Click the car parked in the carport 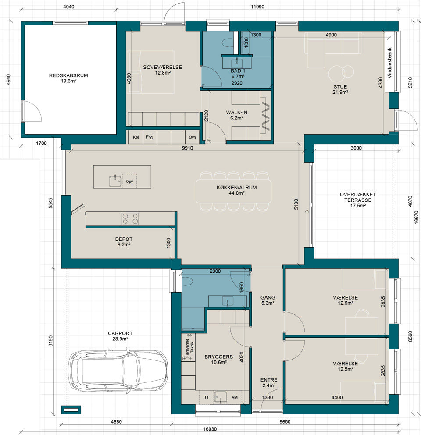click(118, 371)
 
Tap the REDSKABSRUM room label click(68, 75)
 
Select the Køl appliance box click(136, 137)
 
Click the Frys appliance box click(150, 137)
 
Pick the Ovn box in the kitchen click(193, 137)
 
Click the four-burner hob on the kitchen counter click(130, 218)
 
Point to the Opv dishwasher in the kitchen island click(129, 181)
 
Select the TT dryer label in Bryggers click(207, 397)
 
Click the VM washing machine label click(235, 397)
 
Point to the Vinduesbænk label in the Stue click(389, 63)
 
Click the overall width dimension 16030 click(210, 429)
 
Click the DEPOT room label click(124, 239)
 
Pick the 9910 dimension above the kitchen click(187, 148)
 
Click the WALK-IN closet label click(236, 112)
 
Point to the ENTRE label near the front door click(269, 380)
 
